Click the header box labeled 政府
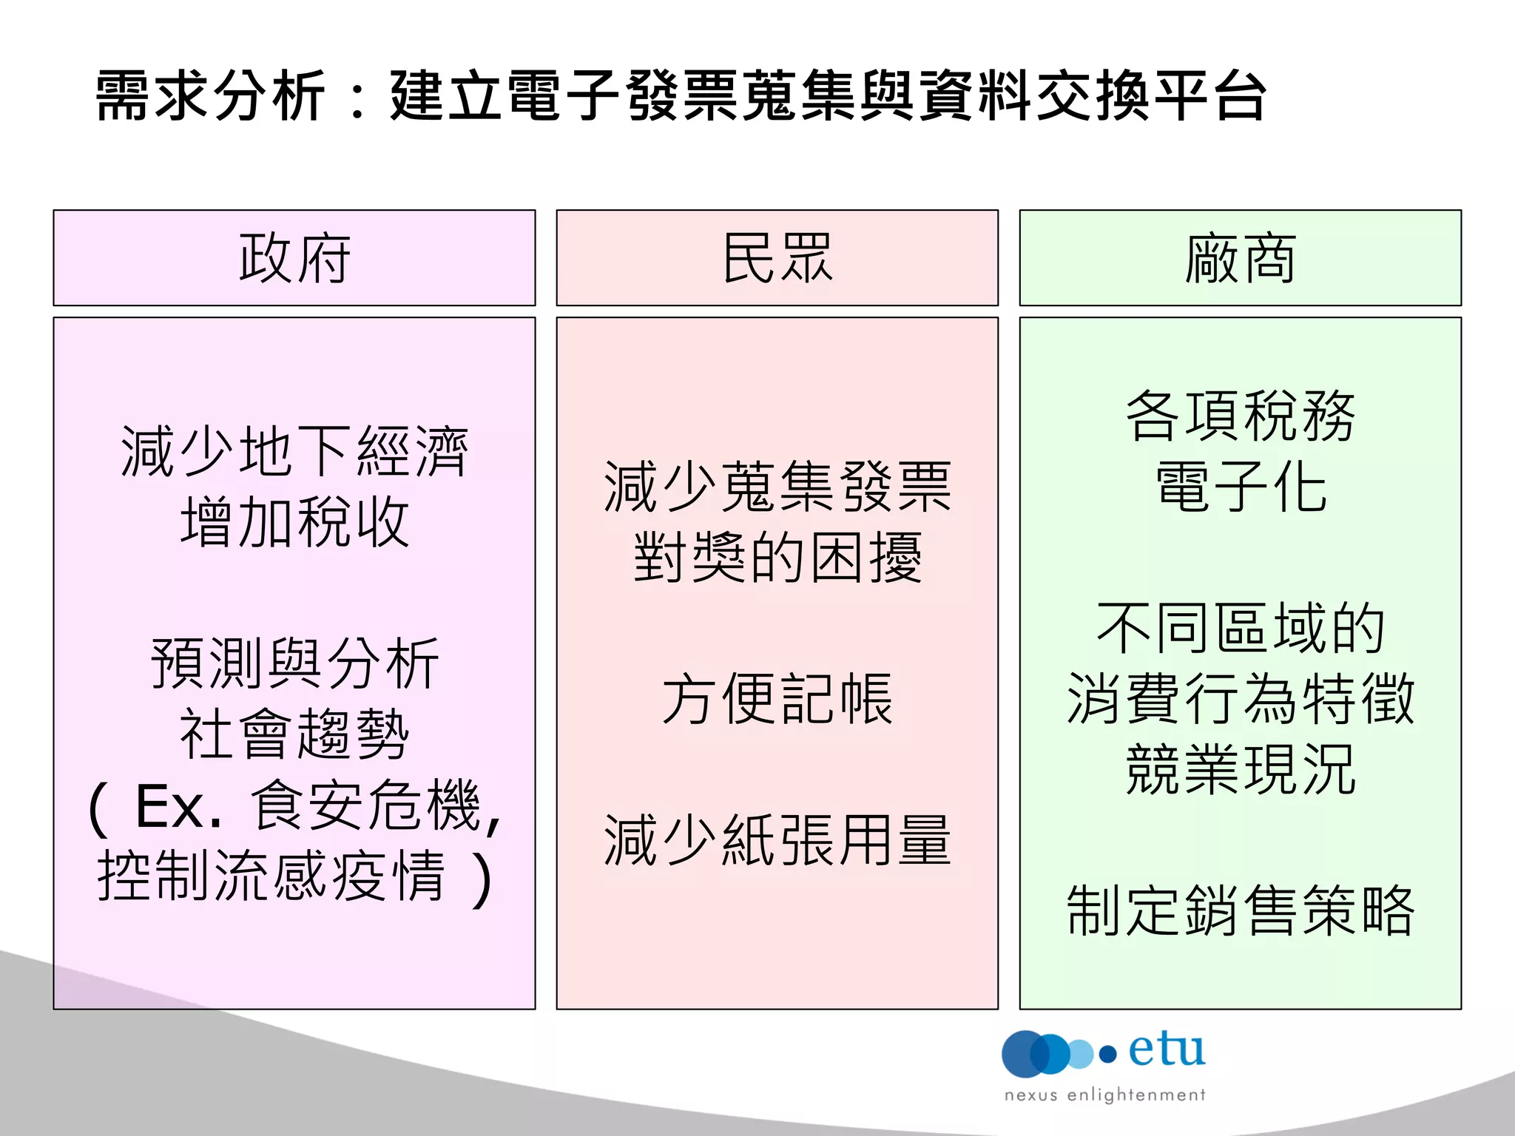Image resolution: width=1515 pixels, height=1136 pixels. click(294, 257)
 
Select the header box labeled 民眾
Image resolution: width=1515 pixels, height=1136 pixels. click(777, 257)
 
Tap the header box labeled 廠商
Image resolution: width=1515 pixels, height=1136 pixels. click(1240, 257)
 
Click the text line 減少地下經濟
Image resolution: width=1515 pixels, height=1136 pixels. click(294, 451)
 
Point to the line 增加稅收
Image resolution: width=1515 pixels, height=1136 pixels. click(294, 522)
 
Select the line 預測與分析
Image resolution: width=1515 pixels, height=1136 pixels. click(294, 663)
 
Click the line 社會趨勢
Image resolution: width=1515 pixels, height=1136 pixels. click(294, 734)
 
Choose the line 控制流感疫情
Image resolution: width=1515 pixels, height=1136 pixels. click(271, 876)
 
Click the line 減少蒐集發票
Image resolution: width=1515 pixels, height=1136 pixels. click(777, 487)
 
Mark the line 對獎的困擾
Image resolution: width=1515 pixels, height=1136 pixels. click(777, 558)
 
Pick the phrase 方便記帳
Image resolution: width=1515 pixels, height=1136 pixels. click(777, 699)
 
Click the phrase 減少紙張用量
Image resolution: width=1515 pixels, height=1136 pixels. click(777, 840)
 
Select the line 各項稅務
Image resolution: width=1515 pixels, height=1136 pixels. click(1240, 416)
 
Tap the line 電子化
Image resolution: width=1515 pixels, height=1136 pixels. click(1240, 487)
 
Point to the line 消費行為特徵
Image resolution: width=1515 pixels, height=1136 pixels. click(1240, 699)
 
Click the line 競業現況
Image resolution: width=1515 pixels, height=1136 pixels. click(1240, 769)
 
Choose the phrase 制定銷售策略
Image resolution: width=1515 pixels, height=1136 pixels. click(1240, 910)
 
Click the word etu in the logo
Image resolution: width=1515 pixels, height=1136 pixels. click(1167, 1049)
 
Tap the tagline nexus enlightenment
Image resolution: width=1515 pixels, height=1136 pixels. click(1104, 1095)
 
